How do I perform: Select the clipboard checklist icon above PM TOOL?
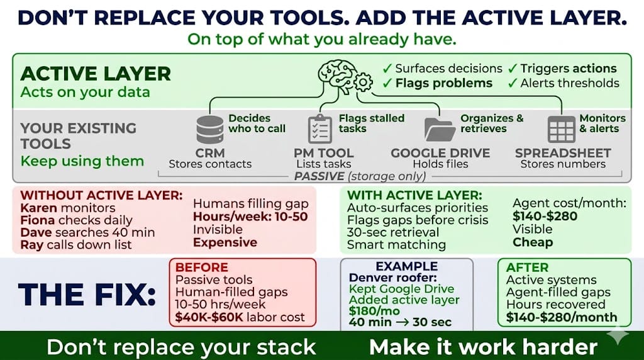pos(320,129)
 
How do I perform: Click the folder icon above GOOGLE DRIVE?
pos(440,129)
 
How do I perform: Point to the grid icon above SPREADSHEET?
pos(561,129)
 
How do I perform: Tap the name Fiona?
pos(37,220)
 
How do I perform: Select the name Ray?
pos(31,244)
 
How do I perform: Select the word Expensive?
pos(225,242)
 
